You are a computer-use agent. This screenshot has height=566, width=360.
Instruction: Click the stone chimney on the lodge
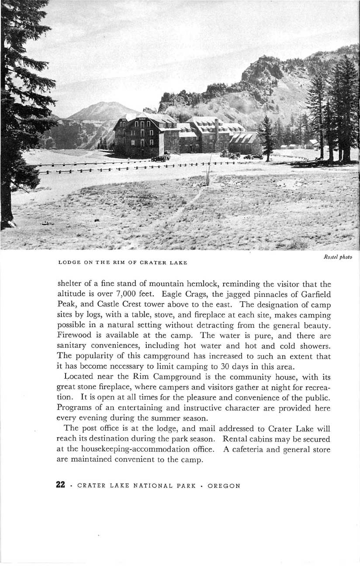tap(216, 128)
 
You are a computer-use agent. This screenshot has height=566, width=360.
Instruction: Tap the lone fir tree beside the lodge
tap(266, 138)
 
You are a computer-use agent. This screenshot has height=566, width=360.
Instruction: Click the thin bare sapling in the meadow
tap(208, 173)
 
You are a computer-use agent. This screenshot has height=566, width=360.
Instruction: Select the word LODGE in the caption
tap(66, 262)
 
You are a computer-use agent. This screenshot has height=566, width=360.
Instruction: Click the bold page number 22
tap(61, 485)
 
